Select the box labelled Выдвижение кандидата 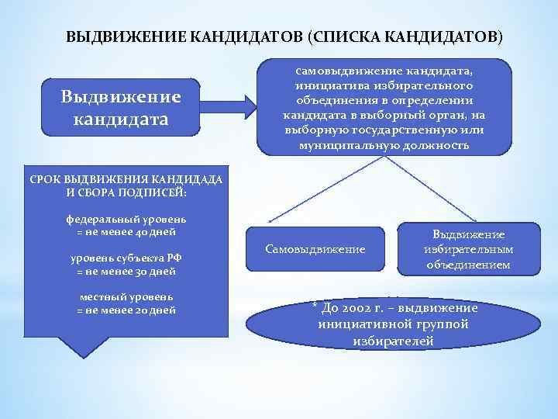pyautogui.click(x=122, y=109)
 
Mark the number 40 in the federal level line pyautogui.click(x=139, y=231)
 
